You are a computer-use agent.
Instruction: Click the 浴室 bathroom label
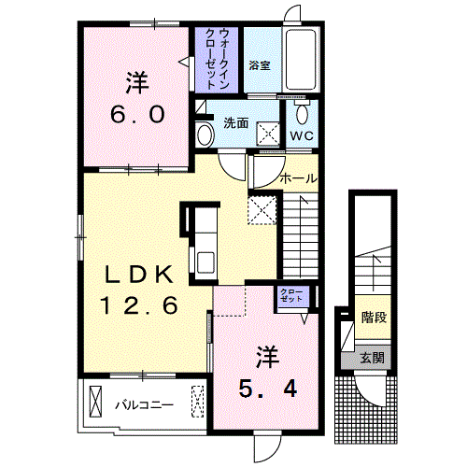(260, 65)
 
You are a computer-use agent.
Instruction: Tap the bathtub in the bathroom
(301, 60)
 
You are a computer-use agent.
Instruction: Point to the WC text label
(302, 135)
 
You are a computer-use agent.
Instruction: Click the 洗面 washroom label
(236, 123)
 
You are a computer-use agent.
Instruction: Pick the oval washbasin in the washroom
(205, 135)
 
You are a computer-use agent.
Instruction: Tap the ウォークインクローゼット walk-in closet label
(217, 59)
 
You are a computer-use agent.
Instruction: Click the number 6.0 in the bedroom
(137, 114)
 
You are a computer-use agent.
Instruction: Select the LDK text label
(139, 275)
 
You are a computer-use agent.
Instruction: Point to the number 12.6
(139, 304)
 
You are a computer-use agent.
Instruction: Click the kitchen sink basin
(205, 262)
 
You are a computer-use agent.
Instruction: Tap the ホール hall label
(298, 178)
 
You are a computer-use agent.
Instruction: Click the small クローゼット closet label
(291, 296)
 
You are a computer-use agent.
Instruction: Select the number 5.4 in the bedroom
(268, 389)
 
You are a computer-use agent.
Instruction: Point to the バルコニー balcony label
(145, 405)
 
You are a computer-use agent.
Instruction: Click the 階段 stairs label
(374, 318)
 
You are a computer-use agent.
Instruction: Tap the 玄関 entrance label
(372, 358)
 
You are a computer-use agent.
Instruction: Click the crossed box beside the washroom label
(268, 134)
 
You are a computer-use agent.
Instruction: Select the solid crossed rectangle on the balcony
(95, 402)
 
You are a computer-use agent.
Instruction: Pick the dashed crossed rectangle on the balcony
(197, 402)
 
